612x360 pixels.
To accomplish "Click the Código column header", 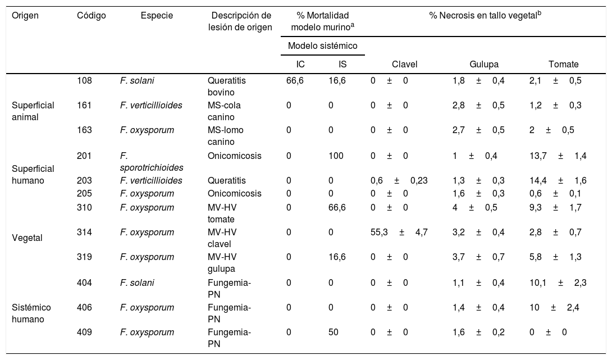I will (x=91, y=16).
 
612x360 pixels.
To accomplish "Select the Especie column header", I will (x=157, y=16).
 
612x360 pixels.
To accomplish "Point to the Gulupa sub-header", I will (x=484, y=65).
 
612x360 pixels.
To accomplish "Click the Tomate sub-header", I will (x=563, y=65).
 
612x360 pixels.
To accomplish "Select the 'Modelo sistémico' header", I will (x=322, y=45).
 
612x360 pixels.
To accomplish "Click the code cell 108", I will (x=84, y=81).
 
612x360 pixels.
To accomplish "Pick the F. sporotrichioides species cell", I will (x=151, y=161).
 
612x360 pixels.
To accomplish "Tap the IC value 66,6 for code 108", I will (x=295, y=81).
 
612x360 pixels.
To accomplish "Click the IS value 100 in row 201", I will (x=335, y=156).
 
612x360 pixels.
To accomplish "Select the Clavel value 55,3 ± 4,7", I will (x=399, y=231).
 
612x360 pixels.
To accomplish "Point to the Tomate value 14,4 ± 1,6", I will (x=558, y=180).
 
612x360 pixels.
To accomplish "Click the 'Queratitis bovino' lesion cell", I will (x=226, y=86).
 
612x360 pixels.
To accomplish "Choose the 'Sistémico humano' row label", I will (x=31, y=312).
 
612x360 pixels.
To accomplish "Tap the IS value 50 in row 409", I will (x=333, y=332).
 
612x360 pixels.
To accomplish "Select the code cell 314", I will (x=84, y=231).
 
